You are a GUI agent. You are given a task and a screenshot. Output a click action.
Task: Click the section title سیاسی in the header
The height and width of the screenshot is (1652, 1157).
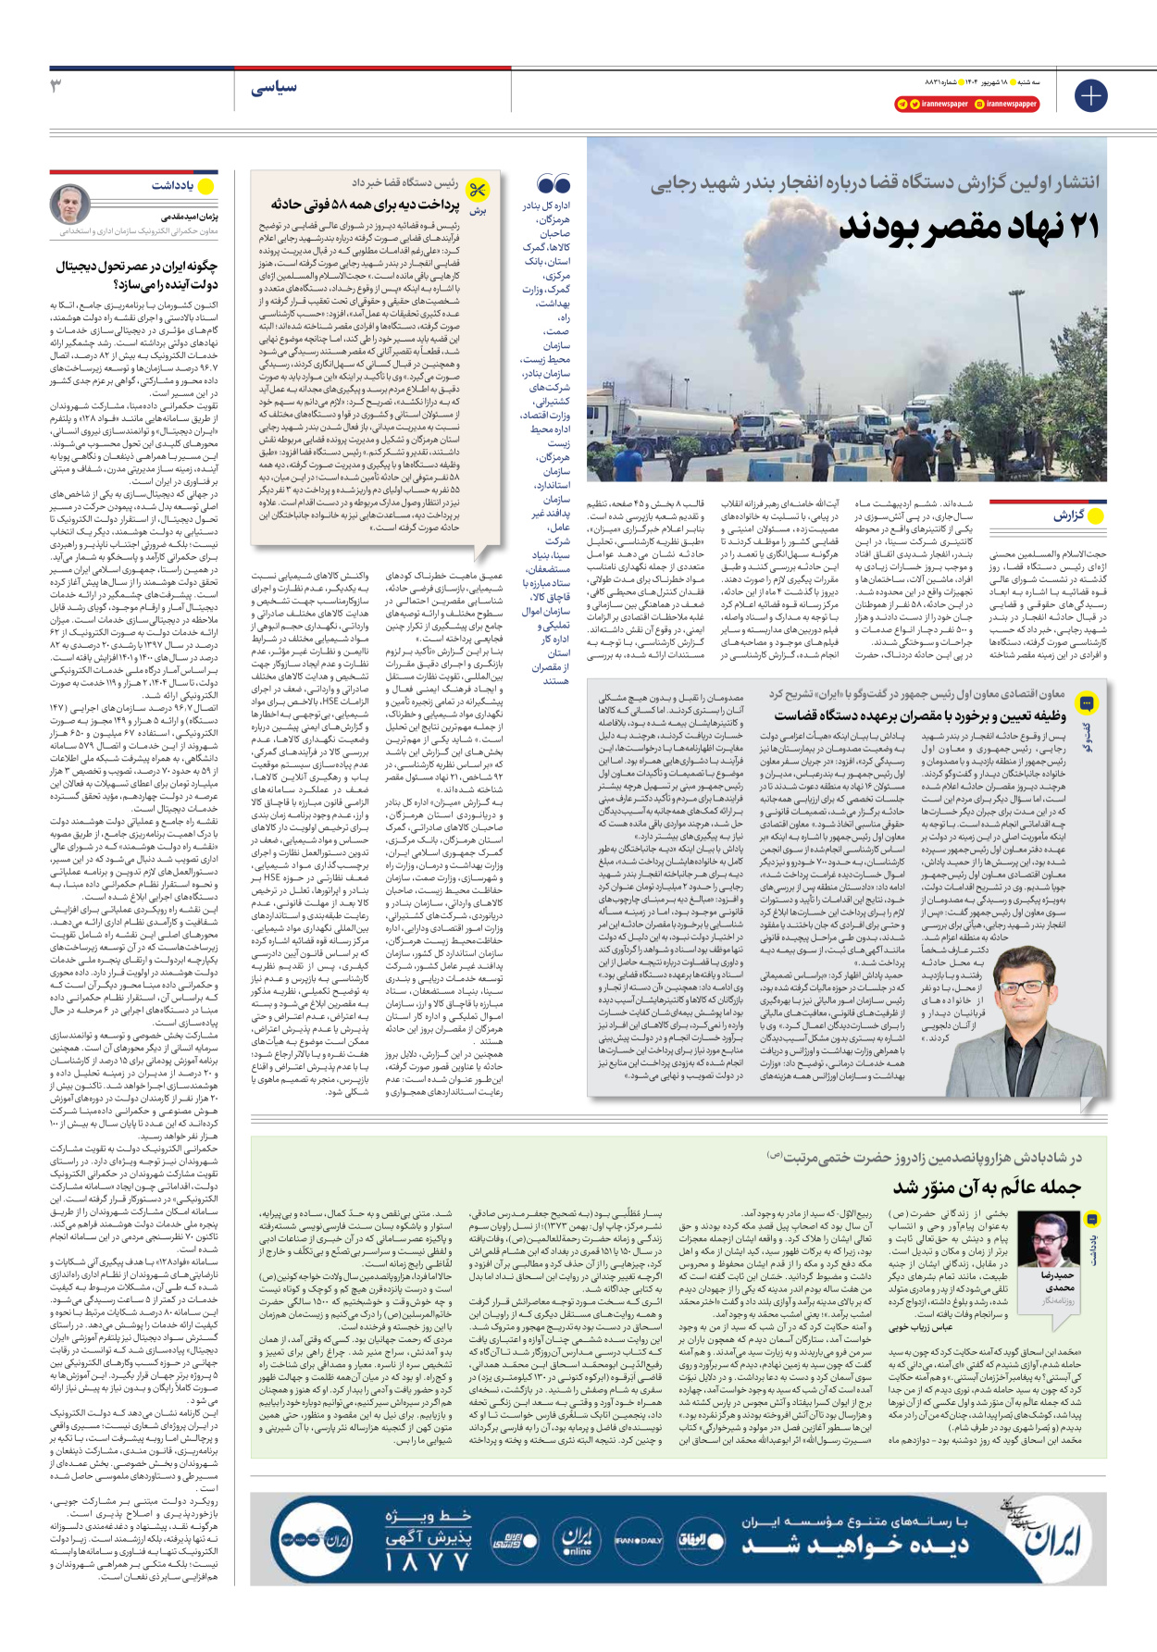(274, 87)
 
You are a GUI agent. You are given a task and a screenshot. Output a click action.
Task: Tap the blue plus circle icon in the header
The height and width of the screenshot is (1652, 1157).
(1090, 95)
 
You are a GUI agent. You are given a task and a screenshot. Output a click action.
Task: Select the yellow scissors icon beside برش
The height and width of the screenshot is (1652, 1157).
(478, 190)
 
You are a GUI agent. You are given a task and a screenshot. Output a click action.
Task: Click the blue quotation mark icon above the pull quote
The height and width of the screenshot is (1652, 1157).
(554, 183)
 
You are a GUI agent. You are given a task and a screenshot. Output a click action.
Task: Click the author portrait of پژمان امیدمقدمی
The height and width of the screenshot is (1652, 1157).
(70, 205)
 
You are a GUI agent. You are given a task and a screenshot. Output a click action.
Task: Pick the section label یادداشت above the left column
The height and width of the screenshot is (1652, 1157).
(173, 186)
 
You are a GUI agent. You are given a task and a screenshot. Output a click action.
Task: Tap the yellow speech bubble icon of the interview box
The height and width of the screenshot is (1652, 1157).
(1088, 702)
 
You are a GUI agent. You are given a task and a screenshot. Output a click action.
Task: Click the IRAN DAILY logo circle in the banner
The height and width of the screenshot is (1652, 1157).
(638, 1540)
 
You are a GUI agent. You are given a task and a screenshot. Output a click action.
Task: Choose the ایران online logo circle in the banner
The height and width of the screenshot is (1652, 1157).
(578, 1540)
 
